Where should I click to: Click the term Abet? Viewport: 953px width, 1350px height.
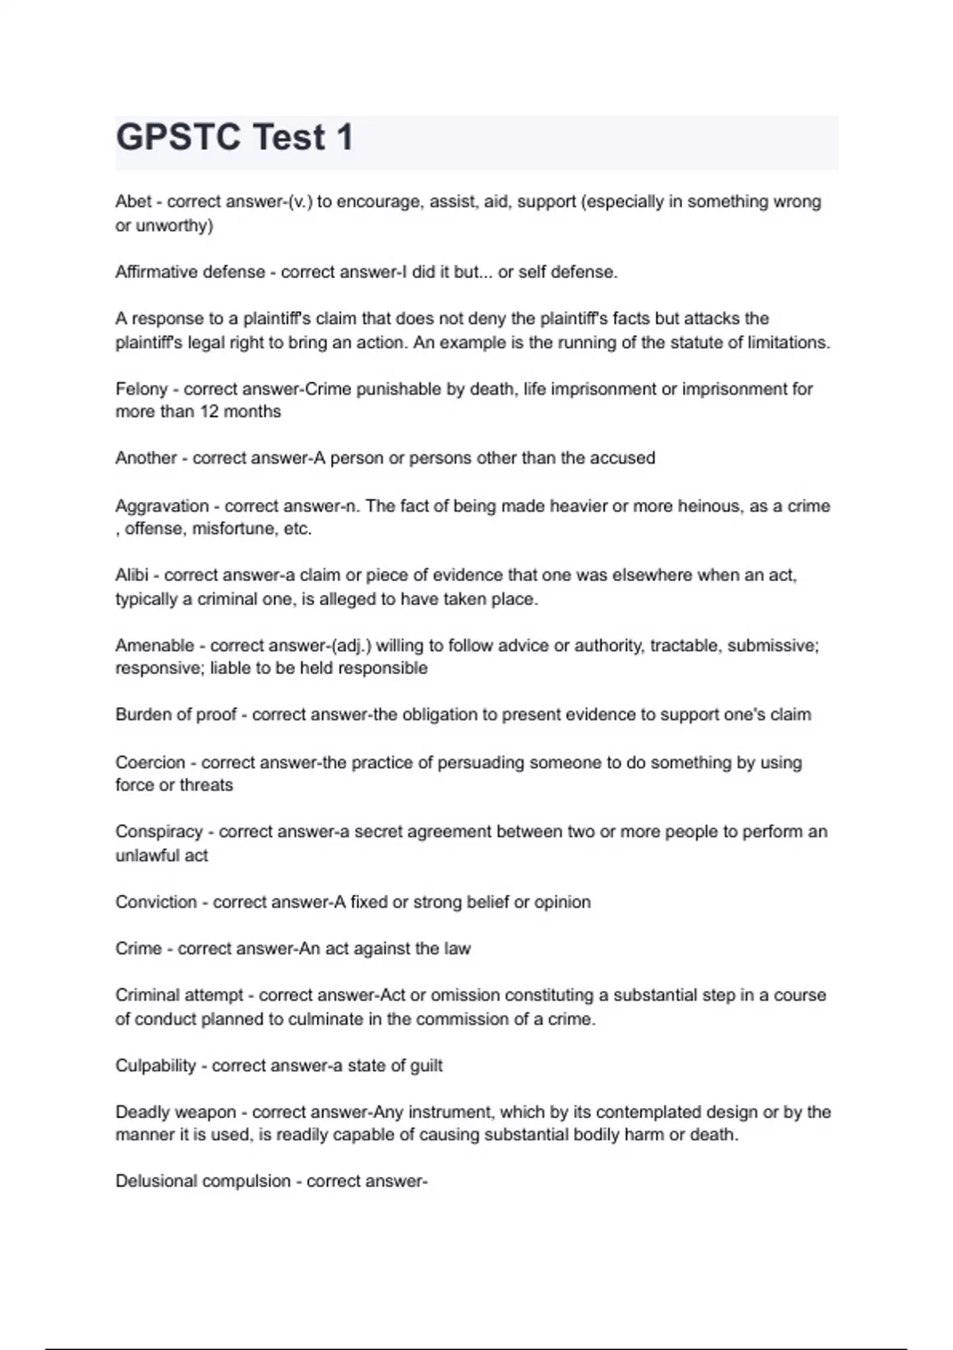click(x=133, y=202)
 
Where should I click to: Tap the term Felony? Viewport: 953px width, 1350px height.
click(x=141, y=389)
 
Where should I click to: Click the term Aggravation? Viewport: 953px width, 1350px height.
click(x=162, y=506)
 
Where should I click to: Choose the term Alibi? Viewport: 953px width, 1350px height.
click(x=132, y=575)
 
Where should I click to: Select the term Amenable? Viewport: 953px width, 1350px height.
click(x=155, y=646)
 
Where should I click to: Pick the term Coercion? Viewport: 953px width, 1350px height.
click(x=150, y=763)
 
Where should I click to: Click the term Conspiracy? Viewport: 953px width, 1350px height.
click(x=159, y=832)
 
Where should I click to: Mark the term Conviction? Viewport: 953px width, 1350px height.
click(x=156, y=902)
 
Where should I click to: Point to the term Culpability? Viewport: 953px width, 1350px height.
click(x=156, y=1066)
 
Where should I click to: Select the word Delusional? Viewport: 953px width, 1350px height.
click(x=156, y=1182)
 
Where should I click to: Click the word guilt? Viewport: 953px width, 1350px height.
click(x=426, y=1066)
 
